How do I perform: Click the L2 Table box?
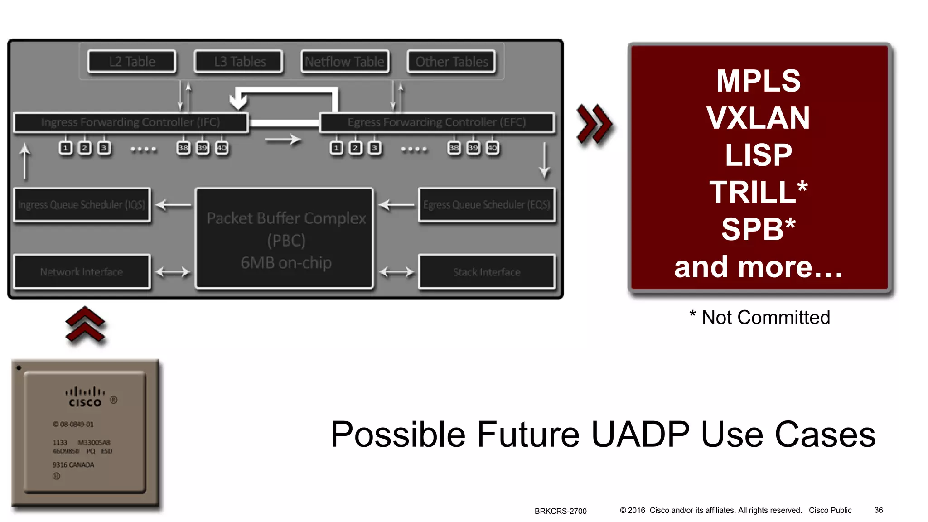click(x=132, y=62)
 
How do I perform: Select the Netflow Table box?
click(x=344, y=62)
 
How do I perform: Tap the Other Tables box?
click(x=451, y=62)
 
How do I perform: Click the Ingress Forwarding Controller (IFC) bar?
click(x=130, y=122)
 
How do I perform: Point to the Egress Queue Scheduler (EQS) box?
click(x=487, y=205)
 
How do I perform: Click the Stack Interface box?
click(x=487, y=272)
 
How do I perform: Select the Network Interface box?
click(x=82, y=272)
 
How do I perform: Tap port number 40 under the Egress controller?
click(x=493, y=148)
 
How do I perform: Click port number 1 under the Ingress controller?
click(x=66, y=148)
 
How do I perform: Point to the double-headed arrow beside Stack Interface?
click(x=396, y=272)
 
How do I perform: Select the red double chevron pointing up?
click(x=85, y=324)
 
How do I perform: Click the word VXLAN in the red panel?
click(x=758, y=118)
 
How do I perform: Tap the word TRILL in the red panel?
click(x=752, y=192)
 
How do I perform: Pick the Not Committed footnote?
click(x=760, y=317)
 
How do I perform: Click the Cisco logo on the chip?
click(x=85, y=397)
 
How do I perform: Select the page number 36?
click(x=878, y=510)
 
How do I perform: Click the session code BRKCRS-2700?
click(x=561, y=511)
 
